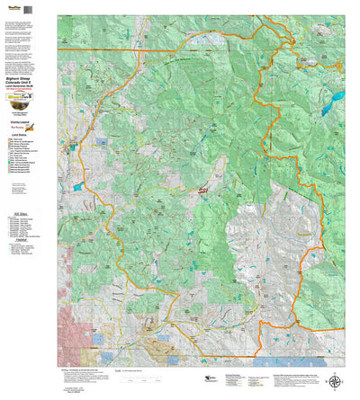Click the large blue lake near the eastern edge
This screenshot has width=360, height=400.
[336, 95]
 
